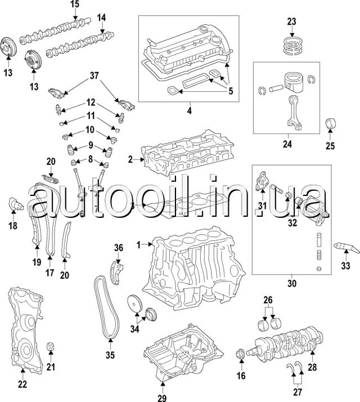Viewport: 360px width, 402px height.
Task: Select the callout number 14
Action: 101,17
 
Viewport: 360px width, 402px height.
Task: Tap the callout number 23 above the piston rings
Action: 291,22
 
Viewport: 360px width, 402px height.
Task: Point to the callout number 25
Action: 330,146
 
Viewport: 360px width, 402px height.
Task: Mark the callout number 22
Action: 22,385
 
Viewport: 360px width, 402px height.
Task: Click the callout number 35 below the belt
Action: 110,355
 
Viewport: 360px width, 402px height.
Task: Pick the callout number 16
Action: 241,377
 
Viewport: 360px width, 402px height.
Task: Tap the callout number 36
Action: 118,247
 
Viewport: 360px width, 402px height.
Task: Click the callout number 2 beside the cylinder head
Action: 130,160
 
